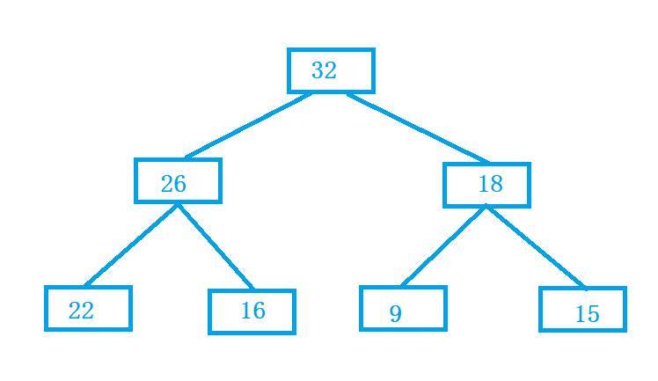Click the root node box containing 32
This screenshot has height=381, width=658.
coord(331,50)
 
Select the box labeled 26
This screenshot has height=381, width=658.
coord(178,160)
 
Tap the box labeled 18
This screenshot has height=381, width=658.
coord(486,165)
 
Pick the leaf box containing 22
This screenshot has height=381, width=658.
coord(88,288)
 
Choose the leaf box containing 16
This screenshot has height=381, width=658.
coord(252,290)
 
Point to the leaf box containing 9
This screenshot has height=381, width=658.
coord(403,288)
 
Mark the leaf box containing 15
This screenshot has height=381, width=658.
coord(582,289)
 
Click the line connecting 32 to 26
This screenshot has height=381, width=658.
coord(248,126)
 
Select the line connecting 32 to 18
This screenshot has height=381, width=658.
coord(419,128)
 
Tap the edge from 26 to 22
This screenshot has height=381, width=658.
coord(131,245)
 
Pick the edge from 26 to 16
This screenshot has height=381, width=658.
coord(216,246)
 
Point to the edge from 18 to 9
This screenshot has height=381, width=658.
coord(443,246)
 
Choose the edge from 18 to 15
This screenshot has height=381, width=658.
coord(537,247)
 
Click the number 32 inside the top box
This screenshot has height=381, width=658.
coord(324,70)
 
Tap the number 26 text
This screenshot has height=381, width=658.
coord(173,184)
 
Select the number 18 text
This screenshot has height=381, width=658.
coord(491,184)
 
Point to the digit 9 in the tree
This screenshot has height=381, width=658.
coord(396,313)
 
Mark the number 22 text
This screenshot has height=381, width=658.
coord(81,311)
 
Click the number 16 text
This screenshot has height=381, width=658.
coord(253,311)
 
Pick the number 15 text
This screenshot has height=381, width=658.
coord(587,314)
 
